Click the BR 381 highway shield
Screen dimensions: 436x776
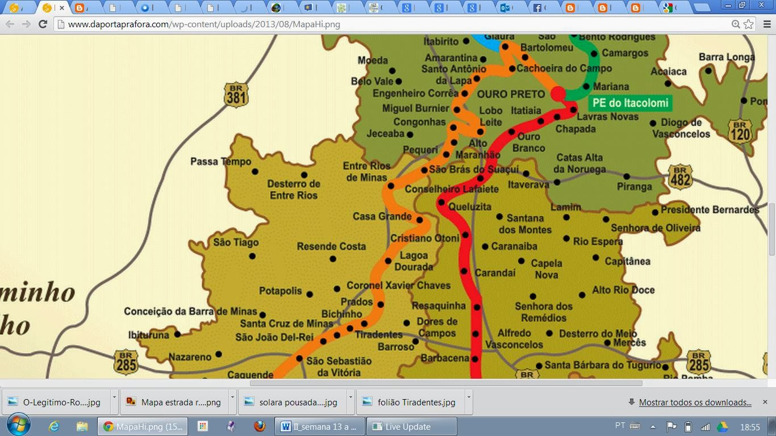(x=236, y=95)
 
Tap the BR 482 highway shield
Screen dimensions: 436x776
(x=680, y=177)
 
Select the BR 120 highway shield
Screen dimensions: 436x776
(x=739, y=131)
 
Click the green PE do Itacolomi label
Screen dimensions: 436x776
(x=630, y=103)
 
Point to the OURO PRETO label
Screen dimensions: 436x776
(x=511, y=94)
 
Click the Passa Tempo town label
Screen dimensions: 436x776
(x=220, y=162)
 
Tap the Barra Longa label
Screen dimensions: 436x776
(x=726, y=57)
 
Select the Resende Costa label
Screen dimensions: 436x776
(x=331, y=246)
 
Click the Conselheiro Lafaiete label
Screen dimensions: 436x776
(x=451, y=189)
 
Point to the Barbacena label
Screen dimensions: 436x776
(x=445, y=358)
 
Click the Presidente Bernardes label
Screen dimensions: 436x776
(x=710, y=209)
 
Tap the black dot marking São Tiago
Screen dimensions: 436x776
(x=252, y=256)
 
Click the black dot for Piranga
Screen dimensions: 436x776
(x=627, y=177)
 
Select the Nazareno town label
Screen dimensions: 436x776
(x=190, y=357)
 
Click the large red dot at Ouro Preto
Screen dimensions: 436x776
(x=558, y=94)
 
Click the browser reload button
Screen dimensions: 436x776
(x=43, y=24)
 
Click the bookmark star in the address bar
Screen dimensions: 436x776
(x=749, y=24)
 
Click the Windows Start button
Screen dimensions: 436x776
(x=18, y=426)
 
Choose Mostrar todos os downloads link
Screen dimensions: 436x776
(x=695, y=402)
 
